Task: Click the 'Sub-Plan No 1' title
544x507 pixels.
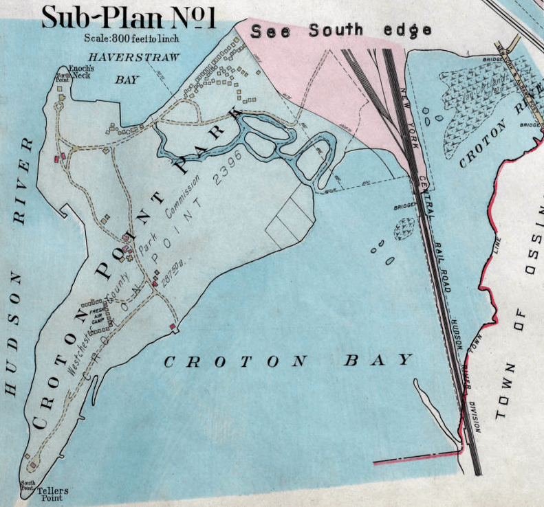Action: (129, 17)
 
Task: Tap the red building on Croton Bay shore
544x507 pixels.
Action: (171, 325)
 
